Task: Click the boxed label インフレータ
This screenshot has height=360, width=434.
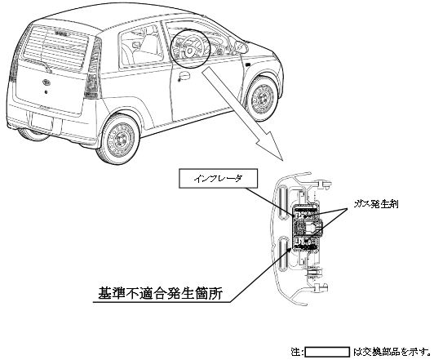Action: (218, 179)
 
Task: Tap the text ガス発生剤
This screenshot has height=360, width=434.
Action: (376, 204)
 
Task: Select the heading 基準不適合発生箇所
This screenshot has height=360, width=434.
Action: (160, 294)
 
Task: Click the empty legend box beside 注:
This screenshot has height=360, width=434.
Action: (327, 352)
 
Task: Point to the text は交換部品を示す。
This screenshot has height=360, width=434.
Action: (392, 352)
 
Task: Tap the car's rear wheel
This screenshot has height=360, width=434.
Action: (120, 139)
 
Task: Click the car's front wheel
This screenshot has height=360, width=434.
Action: (262, 98)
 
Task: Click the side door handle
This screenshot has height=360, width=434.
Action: (184, 76)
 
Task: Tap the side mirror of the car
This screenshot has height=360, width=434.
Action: (240, 47)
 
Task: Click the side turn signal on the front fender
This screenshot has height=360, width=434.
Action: (248, 64)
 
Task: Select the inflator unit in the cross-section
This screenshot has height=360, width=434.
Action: (307, 228)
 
